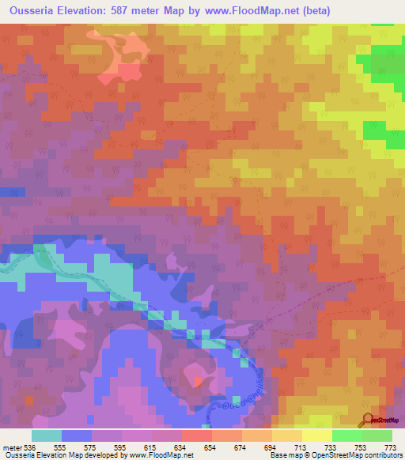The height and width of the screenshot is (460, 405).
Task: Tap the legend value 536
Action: pos(30,448)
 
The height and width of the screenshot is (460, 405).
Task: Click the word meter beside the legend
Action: pos(13,448)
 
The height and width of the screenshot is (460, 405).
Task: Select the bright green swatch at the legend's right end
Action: pos(377,436)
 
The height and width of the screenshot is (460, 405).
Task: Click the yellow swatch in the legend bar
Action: pos(316,436)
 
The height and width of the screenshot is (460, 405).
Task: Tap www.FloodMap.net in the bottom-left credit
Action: pos(156,456)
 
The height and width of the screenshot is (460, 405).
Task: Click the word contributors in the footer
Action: pos(383,456)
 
